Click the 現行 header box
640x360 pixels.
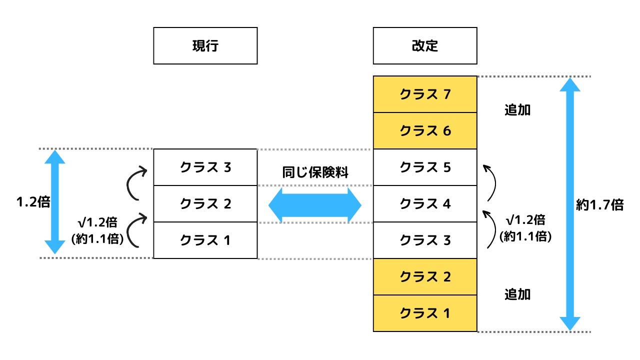(x=205, y=45)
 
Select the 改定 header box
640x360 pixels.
(x=425, y=45)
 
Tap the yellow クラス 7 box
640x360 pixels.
(x=425, y=94)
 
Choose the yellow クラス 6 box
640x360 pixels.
(x=425, y=131)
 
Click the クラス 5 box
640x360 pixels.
(x=425, y=167)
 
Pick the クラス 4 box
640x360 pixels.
(x=425, y=204)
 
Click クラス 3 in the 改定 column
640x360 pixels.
(x=425, y=240)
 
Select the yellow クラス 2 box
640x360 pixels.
(x=425, y=277)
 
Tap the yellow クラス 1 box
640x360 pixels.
(x=425, y=313)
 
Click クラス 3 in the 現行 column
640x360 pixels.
(x=205, y=167)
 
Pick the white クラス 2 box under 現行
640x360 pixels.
(x=205, y=204)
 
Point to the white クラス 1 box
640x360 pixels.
(x=205, y=240)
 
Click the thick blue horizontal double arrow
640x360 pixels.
(x=315, y=205)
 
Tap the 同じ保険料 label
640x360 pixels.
(x=315, y=172)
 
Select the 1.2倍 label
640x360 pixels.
(x=33, y=202)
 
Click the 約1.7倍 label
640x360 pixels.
(x=599, y=205)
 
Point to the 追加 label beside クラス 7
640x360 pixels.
(x=517, y=110)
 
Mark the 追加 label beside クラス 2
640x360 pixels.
(x=517, y=294)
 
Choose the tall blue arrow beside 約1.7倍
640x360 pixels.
(x=570, y=204)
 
